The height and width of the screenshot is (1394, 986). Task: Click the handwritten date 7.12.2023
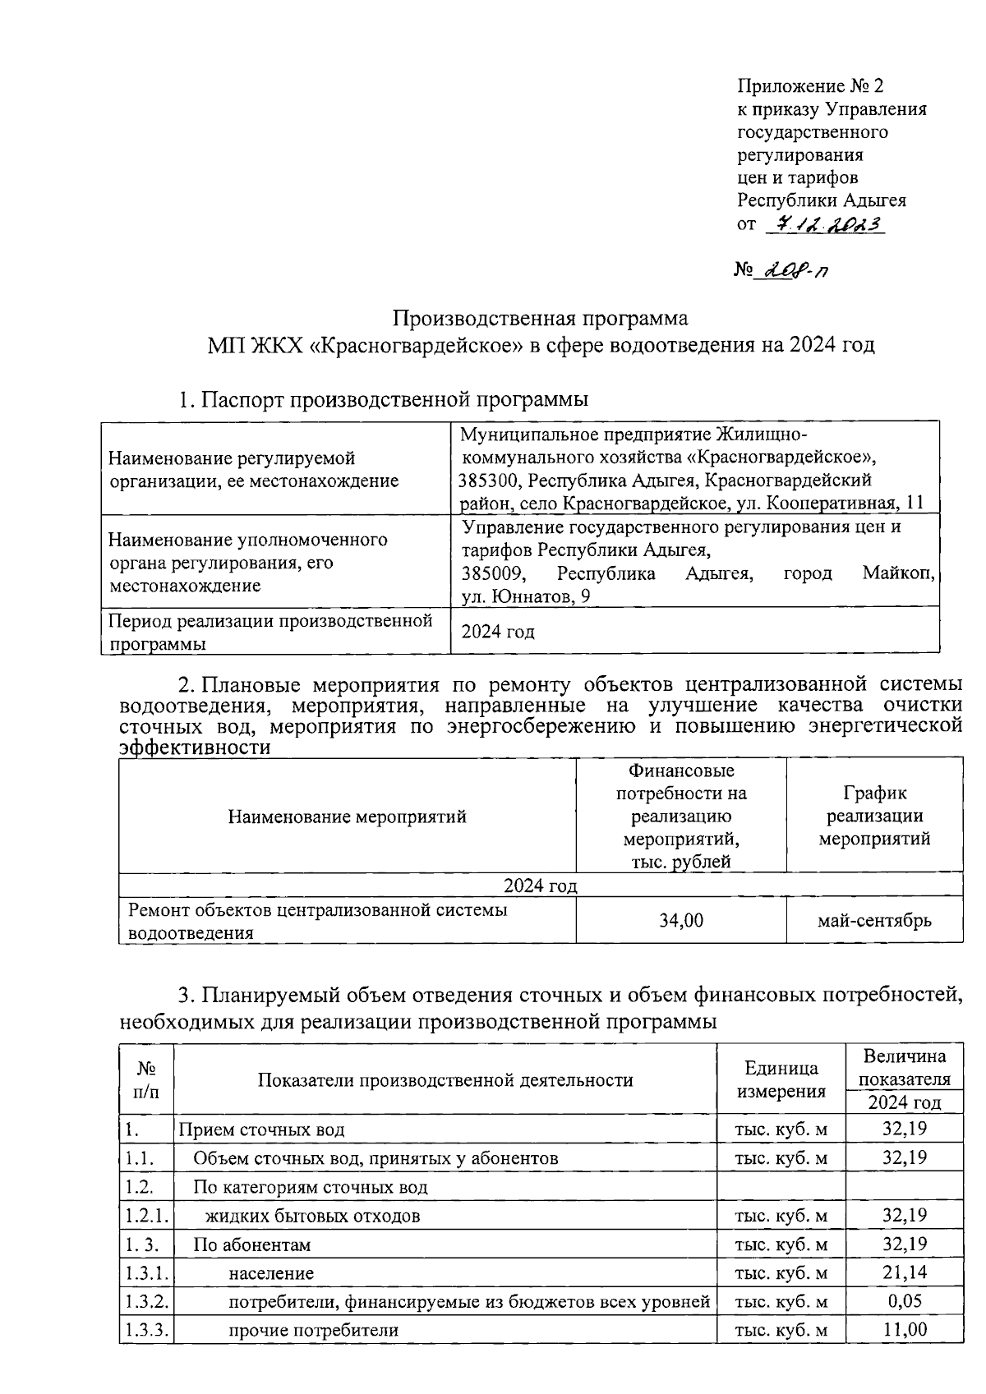point(823,223)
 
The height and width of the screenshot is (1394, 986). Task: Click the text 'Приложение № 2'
point(809,86)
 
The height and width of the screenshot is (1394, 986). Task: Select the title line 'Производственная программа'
point(539,318)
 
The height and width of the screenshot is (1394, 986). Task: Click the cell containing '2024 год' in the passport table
point(498,632)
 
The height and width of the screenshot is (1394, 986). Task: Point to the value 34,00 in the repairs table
point(681,920)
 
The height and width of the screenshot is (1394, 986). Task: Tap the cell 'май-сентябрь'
point(874,920)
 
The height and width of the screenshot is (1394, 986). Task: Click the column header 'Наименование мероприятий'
point(347,817)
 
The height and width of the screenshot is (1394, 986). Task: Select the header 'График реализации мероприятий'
point(874,816)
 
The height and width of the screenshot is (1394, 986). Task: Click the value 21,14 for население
point(904,1273)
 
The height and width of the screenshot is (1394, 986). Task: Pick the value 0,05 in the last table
point(905,1301)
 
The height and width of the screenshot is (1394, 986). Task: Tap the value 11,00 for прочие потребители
point(904,1330)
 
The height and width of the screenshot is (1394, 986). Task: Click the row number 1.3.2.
point(147,1302)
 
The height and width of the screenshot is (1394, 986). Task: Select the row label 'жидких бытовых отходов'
point(312,1216)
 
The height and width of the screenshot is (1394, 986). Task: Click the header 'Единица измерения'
point(781,1079)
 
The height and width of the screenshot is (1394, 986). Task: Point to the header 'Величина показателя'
point(904,1067)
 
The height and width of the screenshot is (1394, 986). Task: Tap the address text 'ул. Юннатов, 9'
point(526,596)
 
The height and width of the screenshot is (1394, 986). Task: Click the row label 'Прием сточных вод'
point(261,1129)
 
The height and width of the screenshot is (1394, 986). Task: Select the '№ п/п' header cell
point(146,1079)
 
